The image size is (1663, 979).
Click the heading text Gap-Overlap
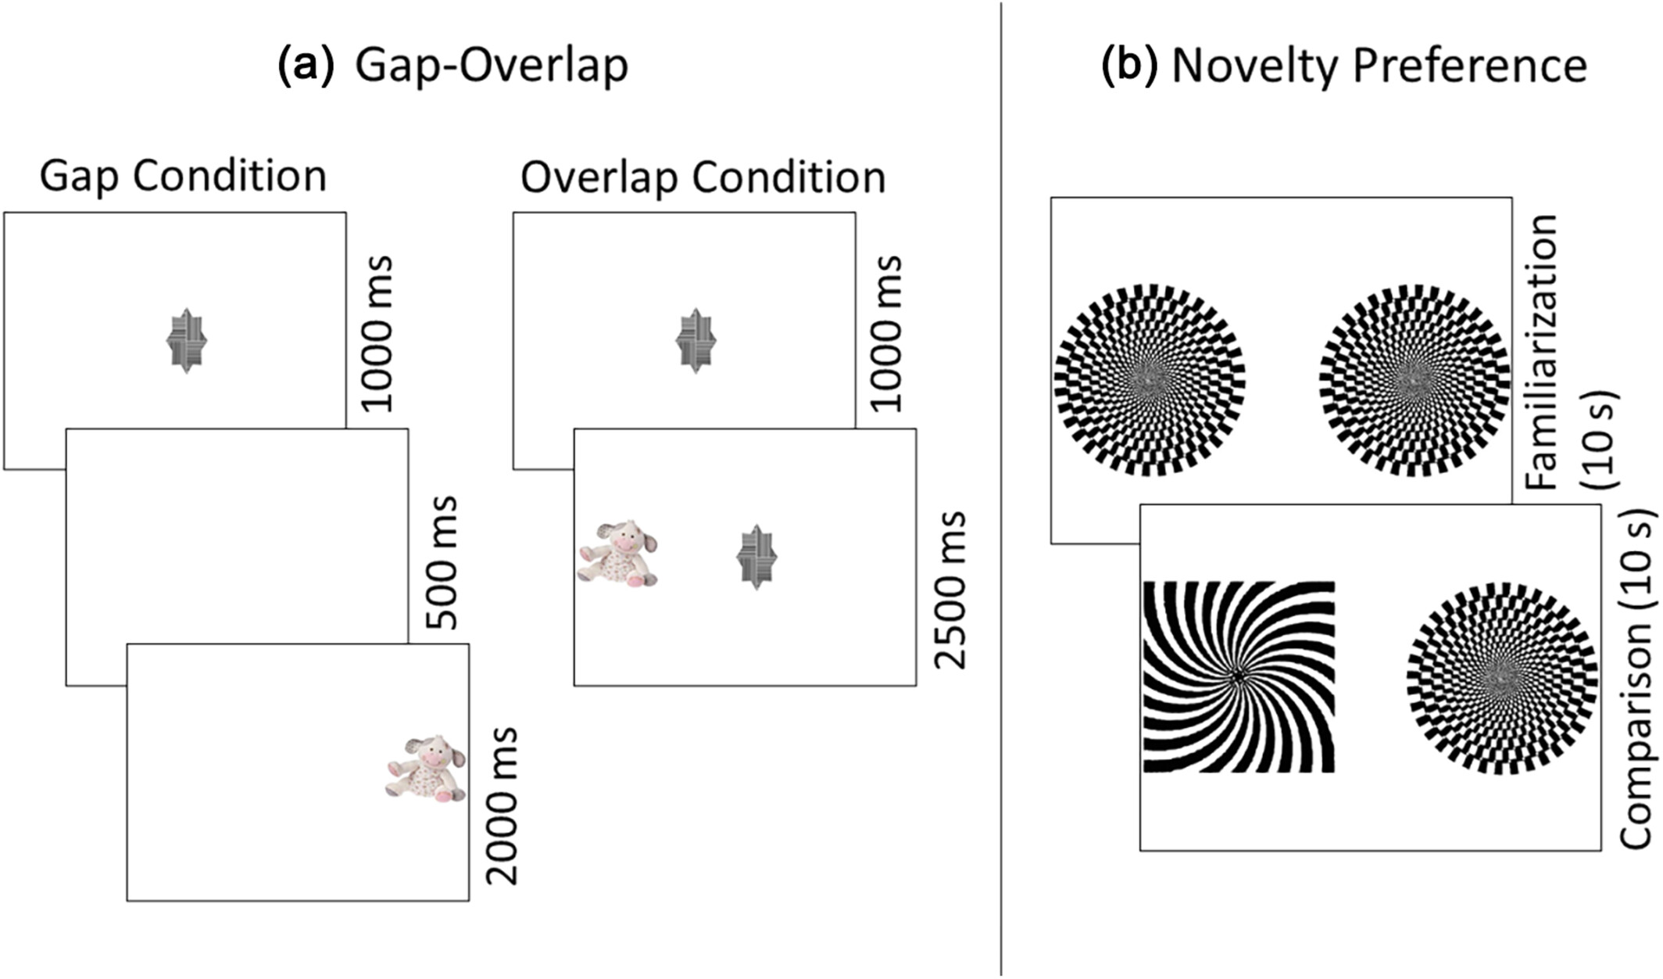pos(492,66)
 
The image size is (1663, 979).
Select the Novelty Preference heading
pos(1379,66)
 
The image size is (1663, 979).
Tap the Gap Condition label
pos(183,176)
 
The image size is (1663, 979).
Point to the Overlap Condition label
pos(703,178)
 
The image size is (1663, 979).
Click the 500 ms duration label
pos(443,561)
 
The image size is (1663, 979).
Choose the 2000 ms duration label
pos(502,805)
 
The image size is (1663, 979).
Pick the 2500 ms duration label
pos(950,590)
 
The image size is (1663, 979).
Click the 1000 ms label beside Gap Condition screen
pos(377,333)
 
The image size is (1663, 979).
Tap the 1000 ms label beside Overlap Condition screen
pos(887,333)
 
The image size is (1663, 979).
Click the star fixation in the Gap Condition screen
pos(187,341)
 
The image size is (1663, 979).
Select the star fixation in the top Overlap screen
pos(696,341)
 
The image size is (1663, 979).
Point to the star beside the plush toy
pos(756,557)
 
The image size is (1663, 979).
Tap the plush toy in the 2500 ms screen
pos(618,554)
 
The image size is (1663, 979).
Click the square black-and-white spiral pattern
pos(1239,677)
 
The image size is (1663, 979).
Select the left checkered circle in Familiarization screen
pos(1150,380)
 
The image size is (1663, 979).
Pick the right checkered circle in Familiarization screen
pos(1413,380)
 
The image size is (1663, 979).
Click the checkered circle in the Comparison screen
pos(1501,678)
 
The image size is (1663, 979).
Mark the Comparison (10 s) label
pos(1638,679)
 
